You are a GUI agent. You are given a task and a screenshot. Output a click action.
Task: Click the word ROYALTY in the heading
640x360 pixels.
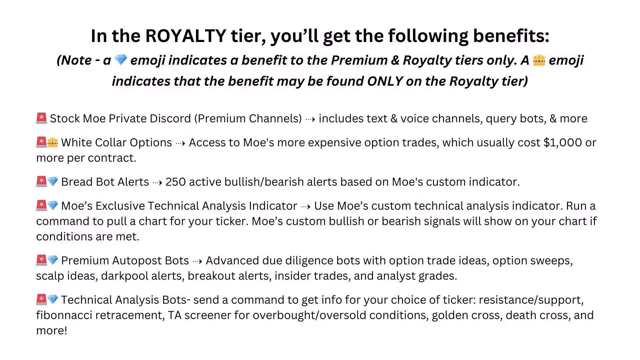pos(186,36)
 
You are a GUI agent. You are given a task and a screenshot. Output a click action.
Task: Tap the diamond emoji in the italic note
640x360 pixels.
pos(120,60)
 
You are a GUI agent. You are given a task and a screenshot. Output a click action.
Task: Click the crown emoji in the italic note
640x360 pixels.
pos(539,60)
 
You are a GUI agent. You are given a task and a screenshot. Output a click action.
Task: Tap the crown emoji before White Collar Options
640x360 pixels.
pos(53,142)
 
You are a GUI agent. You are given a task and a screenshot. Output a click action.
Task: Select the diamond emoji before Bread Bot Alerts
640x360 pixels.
pos(53,182)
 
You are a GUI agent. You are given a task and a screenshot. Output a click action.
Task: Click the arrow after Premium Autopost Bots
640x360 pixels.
pos(197,261)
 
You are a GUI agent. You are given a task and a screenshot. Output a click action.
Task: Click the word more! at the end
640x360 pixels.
pos(52,330)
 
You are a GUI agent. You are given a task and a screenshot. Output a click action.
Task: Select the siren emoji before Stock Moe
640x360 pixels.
pos(41,118)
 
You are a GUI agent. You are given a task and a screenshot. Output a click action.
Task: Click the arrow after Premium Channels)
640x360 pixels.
pos(310,119)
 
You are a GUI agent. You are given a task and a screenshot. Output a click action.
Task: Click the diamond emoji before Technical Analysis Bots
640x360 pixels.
pos(53,300)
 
